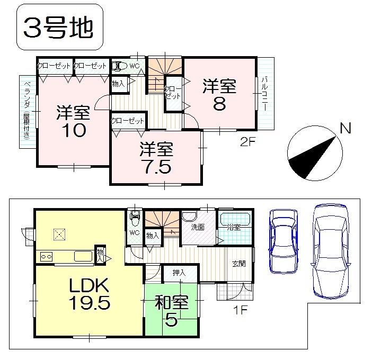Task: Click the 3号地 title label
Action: [59, 28]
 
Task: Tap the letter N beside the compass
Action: [345, 128]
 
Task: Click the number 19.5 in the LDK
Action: [88, 303]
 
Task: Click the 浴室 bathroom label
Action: [234, 228]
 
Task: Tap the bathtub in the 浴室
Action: [236, 219]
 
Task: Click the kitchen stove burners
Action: [46, 257]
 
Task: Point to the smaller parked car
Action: [284, 241]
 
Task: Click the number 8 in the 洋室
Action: [219, 104]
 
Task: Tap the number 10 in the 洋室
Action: [73, 131]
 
